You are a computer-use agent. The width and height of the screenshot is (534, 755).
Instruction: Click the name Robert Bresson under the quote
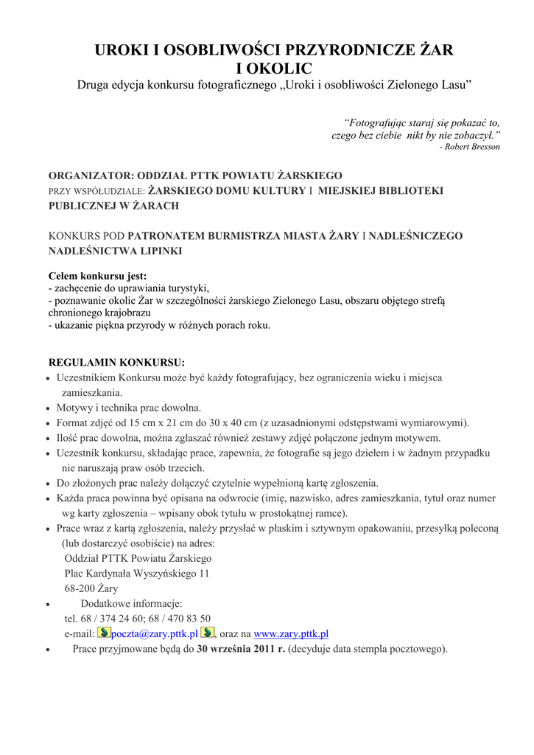click(473, 147)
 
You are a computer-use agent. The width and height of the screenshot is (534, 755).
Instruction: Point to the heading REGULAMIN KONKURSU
click(116, 363)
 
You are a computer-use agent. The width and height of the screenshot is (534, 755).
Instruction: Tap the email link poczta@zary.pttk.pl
click(154, 633)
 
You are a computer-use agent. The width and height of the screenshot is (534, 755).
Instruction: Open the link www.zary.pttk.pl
click(291, 633)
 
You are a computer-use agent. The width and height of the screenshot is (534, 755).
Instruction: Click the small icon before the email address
click(104, 633)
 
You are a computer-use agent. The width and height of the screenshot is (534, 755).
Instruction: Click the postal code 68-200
click(80, 588)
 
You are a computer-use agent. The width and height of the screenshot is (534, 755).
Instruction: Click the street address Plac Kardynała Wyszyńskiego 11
click(137, 573)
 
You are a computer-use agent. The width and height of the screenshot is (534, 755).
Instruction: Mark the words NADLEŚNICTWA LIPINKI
click(115, 251)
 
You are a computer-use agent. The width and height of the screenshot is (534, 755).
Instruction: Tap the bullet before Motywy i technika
click(49, 408)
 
